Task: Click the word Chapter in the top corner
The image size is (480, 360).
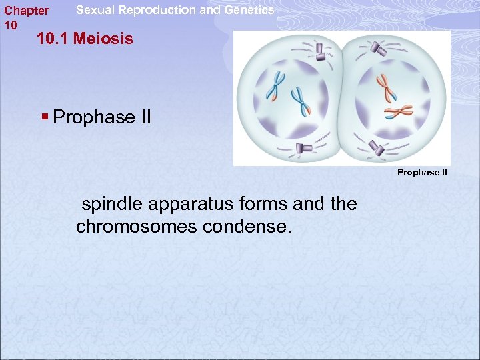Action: [27, 11]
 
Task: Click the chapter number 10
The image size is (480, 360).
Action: [10, 25]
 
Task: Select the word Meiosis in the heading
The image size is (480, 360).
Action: [103, 39]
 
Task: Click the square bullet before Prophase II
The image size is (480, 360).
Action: [45, 117]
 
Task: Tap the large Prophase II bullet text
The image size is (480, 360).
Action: [102, 117]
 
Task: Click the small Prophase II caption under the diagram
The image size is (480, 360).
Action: [422, 172]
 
